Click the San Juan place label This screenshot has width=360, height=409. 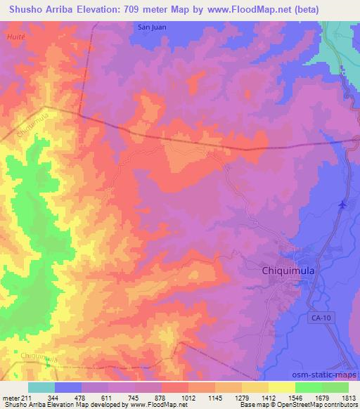pyautogui.click(x=151, y=27)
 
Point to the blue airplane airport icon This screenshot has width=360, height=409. pyautogui.click(x=342, y=205)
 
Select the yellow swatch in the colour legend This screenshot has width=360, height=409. pyautogui.click(x=281, y=387)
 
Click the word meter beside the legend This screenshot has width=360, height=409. pyautogui.click(x=11, y=398)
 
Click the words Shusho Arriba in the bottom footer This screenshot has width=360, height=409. pyautogui.click(x=23, y=405)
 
